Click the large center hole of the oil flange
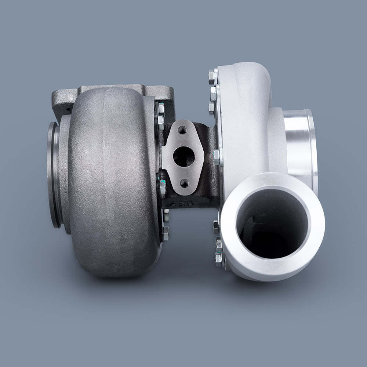pos(183,156)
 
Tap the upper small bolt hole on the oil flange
pos(182,130)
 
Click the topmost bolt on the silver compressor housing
pos(212,76)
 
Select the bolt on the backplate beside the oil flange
pos(217,157)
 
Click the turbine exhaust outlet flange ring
pos(54,174)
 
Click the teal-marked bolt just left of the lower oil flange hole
pos(163,188)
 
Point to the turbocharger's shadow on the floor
pos(183,290)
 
